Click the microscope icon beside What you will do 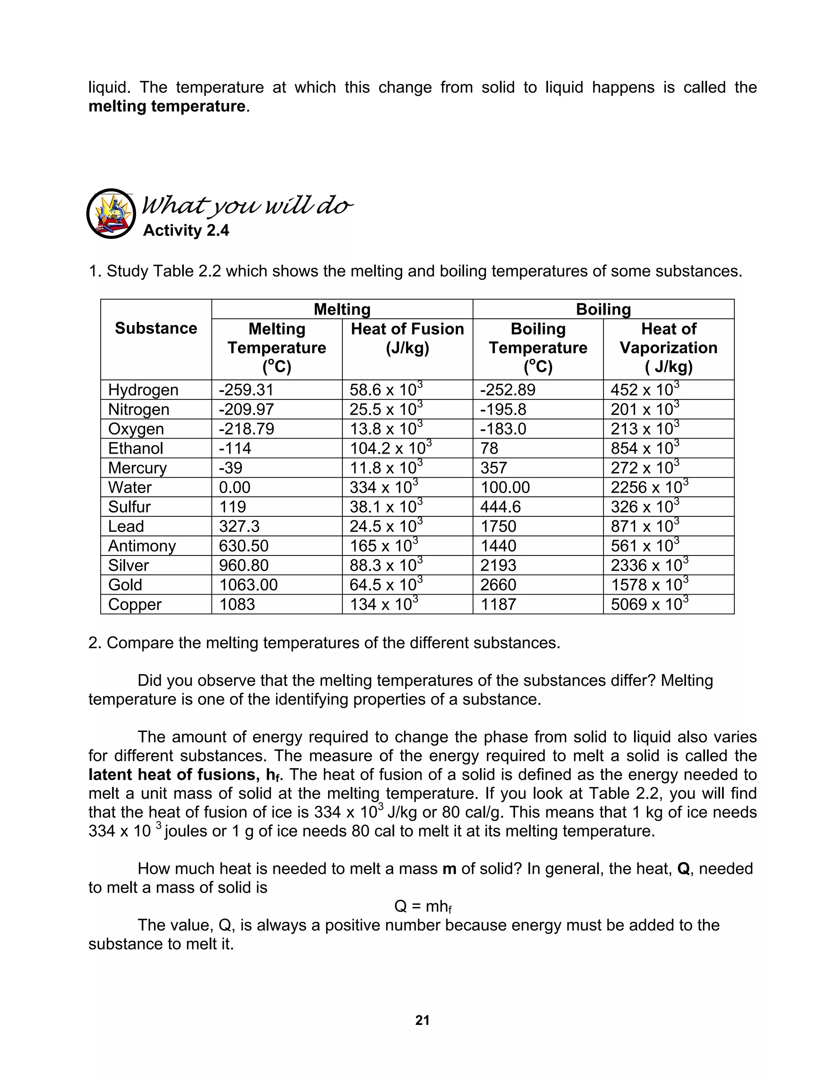pos(111,214)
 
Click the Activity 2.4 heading pos(186,230)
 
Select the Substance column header pos(156,328)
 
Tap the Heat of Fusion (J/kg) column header pos(407,338)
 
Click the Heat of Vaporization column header pos(668,348)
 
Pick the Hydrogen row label pos(143,390)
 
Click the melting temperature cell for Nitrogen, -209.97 pos(246,410)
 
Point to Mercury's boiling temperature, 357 pos(493,468)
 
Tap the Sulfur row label pos(129,507)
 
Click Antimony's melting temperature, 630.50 pos(243,546)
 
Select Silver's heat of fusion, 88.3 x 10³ pos(386,565)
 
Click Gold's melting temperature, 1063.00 pos(248,585)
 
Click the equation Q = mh pos(422,906)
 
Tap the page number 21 pos(422,1020)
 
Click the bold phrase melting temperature pos(167,106)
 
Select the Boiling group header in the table pos(603,310)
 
